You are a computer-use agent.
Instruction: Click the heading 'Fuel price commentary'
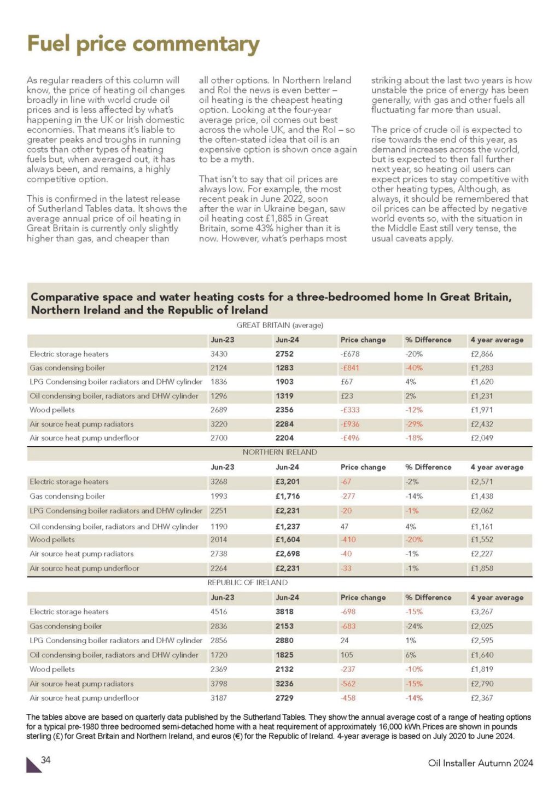pos(143,44)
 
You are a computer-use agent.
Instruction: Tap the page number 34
pos(46,760)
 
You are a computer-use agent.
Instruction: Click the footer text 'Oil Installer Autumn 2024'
pos(480,763)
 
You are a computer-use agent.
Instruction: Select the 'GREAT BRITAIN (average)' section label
pos(279,325)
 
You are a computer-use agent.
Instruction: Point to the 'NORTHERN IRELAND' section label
pos(279,452)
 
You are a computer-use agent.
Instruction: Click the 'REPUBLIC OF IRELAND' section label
pos(247,583)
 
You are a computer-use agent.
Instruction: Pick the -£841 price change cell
pos(350,368)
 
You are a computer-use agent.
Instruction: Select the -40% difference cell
pos(414,368)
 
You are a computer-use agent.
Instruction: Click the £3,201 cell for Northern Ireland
pos(288,482)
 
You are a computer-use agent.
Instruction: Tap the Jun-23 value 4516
pos(219,612)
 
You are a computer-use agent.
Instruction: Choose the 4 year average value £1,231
pos(482,396)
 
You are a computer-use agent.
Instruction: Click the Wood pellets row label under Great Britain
pos(52,410)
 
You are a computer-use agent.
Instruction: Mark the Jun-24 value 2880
pos(284,640)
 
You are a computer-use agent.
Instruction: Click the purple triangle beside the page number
pos(33,765)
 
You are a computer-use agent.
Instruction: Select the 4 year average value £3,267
pos(482,612)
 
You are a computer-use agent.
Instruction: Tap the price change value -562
pos(348,684)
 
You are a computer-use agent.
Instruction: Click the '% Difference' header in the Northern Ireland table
pos(428,467)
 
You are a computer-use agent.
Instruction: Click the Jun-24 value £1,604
pos(288,539)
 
